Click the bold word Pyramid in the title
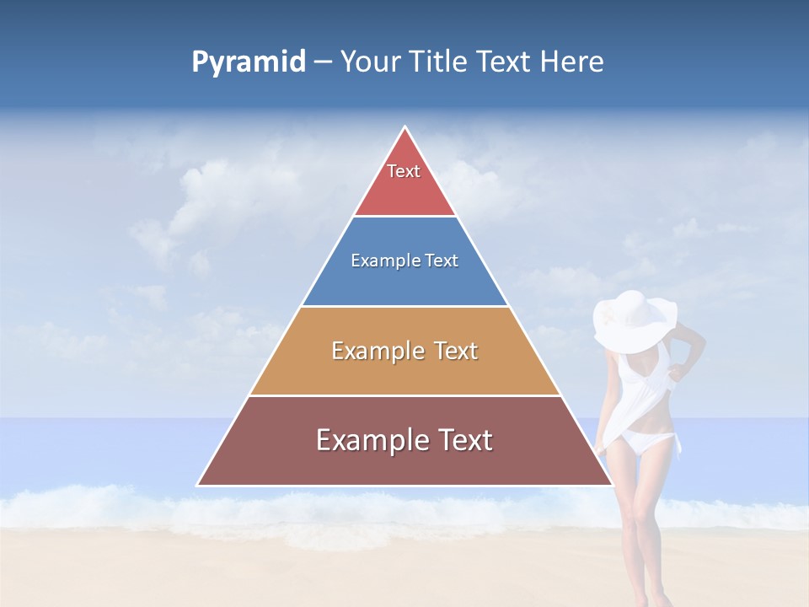coord(249,62)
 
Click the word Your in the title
coord(369,62)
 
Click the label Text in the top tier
coord(404,171)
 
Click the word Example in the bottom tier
coord(371,440)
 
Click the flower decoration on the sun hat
coord(608,319)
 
